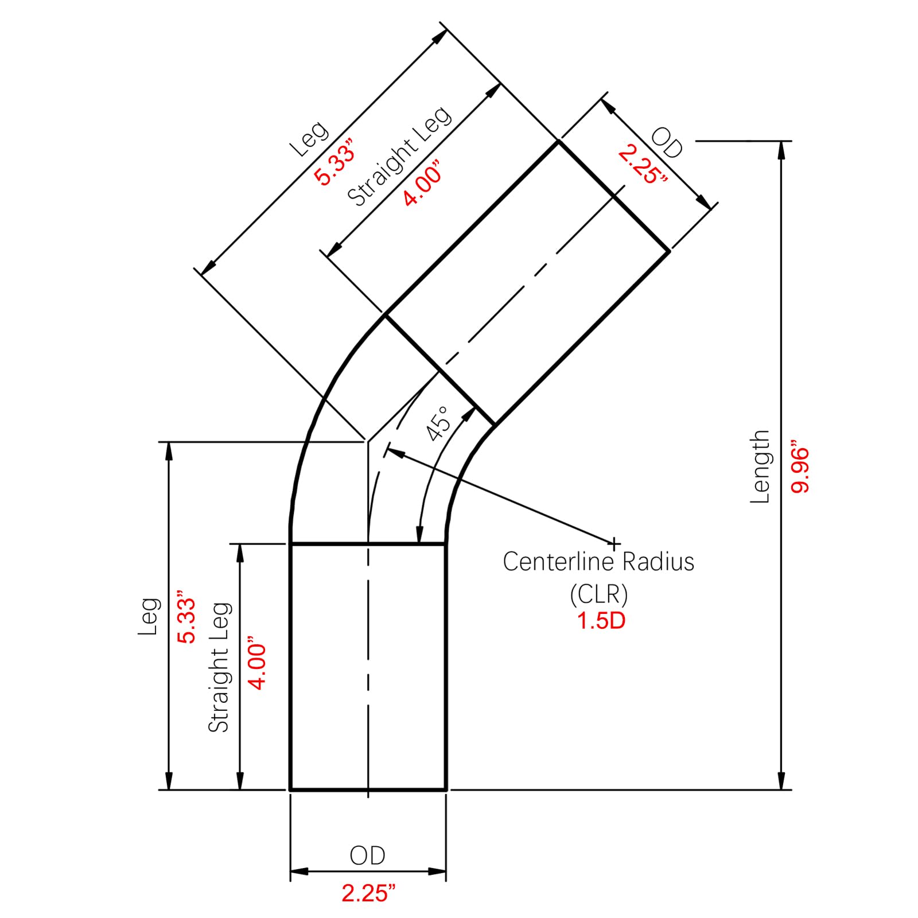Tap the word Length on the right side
[760, 467]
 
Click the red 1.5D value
[601, 621]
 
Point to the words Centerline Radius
[598, 562]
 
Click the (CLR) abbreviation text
[599, 594]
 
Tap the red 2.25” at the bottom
[368, 893]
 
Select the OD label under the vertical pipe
[367, 855]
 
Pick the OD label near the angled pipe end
[667, 142]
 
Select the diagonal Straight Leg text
[399, 156]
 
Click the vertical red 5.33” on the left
[186, 616]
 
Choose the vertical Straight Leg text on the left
[219, 667]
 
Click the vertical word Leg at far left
[148, 616]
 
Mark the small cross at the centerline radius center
[614, 543]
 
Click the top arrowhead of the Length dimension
[781, 150]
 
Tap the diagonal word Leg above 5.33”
[309, 139]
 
